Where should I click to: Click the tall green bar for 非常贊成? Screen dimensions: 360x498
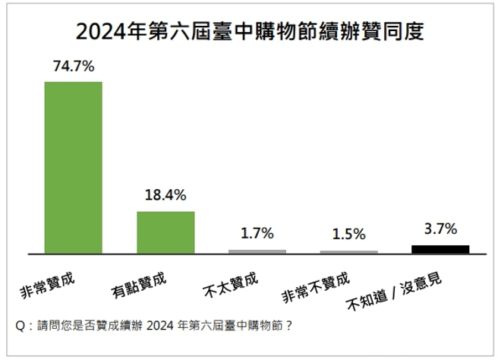pyautogui.click(x=74, y=167)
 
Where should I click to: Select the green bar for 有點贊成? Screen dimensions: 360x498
pyautogui.click(x=165, y=232)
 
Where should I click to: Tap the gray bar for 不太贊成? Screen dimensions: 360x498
pyautogui.click(x=257, y=251)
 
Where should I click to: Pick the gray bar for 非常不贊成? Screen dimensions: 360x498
pyautogui.click(x=349, y=251)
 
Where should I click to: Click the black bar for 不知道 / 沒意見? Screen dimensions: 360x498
pyautogui.click(x=440, y=248)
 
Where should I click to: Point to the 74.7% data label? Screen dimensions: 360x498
pyautogui.click(x=74, y=67)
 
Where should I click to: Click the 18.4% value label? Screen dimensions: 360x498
pyautogui.click(x=165, y=195)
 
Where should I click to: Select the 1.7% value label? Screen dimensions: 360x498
pyautogui.click(x=257, y=233)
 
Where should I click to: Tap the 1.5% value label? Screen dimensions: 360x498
pyautogui.click(x=349, y=235)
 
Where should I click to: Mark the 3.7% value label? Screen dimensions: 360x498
pyautogui.click(x=440, y=229)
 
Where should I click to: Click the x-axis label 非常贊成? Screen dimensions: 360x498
pyautogui.click(x=49, y=281)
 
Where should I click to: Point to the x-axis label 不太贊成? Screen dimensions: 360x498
pyautogui.click(x=232, y=282)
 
